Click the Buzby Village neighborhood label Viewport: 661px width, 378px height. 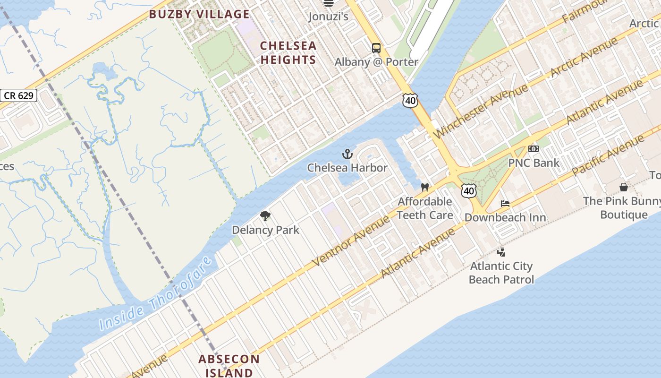199,14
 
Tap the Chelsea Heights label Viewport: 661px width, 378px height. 288,52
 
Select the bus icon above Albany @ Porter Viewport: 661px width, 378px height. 376,48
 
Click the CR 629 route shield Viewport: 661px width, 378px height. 18,95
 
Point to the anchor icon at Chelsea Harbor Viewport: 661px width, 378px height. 347,154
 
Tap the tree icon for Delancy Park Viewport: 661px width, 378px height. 265,216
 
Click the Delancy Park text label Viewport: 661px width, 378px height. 265,230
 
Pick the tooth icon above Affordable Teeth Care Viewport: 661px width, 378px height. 424,187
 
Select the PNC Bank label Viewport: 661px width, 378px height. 534,163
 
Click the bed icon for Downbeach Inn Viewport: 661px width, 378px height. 505,204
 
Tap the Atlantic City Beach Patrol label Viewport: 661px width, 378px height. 501,273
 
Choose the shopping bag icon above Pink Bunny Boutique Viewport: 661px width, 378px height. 623,188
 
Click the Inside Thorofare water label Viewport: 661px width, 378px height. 155,295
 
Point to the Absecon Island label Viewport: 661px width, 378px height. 229,366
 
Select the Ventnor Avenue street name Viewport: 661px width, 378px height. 351,240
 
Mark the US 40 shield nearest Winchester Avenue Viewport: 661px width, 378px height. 410,100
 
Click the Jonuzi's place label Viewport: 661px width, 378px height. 328,17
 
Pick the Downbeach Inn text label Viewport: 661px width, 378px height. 505,218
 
